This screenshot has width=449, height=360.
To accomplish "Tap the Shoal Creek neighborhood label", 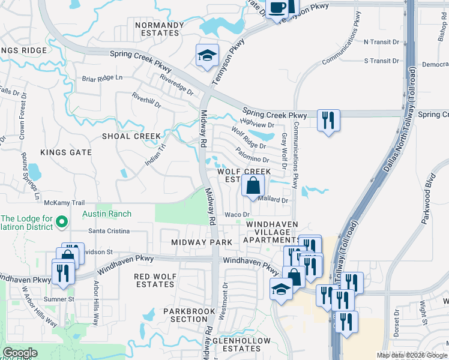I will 131,136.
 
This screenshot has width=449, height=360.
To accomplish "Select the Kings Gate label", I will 66,152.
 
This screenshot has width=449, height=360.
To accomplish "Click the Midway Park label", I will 201,242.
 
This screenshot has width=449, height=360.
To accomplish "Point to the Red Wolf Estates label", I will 154,280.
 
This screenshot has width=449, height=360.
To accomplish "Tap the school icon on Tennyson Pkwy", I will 207,56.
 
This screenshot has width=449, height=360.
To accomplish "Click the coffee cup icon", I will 277,8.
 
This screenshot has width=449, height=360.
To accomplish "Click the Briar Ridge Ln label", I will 102,78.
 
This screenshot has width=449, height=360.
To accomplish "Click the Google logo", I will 20,353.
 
